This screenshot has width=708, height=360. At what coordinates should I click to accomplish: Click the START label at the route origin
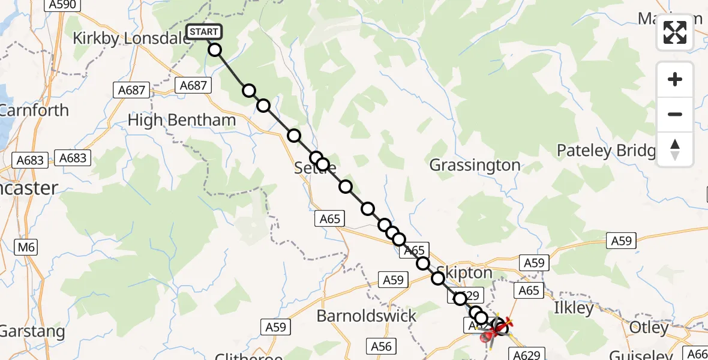pyautogui.click(x=205, y=32)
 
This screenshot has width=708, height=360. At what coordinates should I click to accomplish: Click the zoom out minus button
pyautogui.click(x=675, y=114)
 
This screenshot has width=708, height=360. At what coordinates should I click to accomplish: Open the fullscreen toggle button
pyautogui.click(x=675, y=32)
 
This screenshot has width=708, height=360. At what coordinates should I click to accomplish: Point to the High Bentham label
pyautogui.click(x=182, y=120)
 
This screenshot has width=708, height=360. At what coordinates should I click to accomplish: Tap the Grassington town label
pyautogui.click(x=475, y=165)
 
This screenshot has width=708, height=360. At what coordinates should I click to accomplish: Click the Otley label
pyautogui.click(x=649, y=328)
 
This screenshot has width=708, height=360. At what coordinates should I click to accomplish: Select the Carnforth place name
pyautogui.click(x=34, y=110)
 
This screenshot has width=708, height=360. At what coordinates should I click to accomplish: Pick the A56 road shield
pyautogui.click(x=381, y=346)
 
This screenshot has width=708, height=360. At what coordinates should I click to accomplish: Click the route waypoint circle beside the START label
pyautogui.click(x=215, y=50)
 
